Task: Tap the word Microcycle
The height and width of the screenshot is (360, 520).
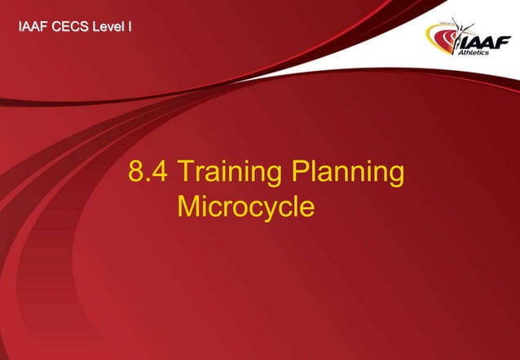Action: point(245,207)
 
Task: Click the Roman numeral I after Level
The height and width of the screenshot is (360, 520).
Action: point(130,29)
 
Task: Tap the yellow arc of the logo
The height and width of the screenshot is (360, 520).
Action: point(435,29)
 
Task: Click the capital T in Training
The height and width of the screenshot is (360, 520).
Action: point(184,173)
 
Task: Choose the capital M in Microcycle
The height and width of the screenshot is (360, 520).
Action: point(188,207)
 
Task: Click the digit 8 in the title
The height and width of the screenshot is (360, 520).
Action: point(136,173)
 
